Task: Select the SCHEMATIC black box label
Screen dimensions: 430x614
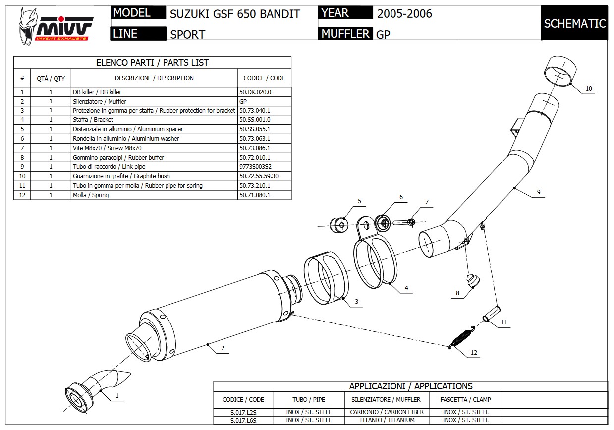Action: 574,23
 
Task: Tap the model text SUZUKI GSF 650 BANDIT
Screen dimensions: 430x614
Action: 235,14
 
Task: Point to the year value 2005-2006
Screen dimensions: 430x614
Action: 404,14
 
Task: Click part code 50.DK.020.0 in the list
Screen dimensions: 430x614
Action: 255,92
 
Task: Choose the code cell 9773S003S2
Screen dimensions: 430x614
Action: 255,167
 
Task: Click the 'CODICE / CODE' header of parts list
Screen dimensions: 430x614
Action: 264,78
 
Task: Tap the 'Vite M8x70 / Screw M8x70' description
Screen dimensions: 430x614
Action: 107,148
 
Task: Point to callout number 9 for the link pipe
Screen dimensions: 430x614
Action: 538,192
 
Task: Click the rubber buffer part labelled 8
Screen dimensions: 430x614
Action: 473,281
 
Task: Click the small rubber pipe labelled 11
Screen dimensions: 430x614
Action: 491,316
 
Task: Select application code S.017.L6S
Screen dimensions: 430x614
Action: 243,420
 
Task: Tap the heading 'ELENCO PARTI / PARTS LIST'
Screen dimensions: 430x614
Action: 152,63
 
